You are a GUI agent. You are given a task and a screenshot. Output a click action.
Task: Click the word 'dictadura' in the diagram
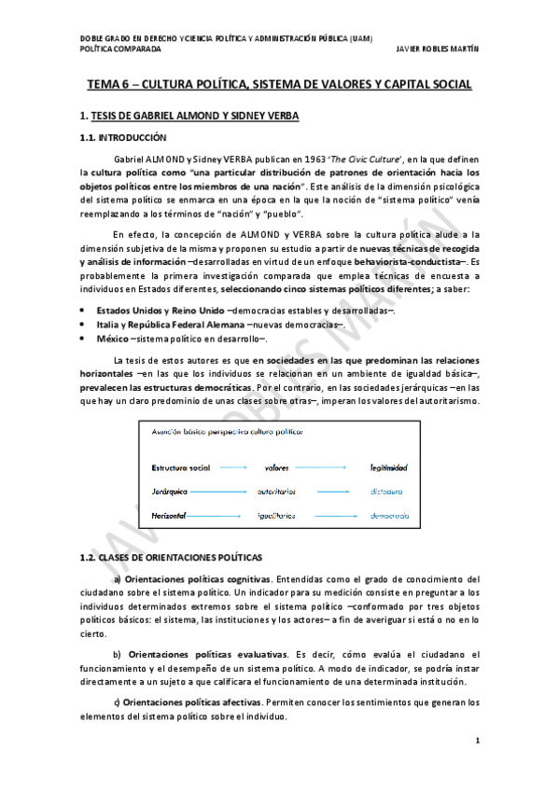click(x=385, y=490)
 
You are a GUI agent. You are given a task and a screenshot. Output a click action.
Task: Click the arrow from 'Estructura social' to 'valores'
click(x=233, y=466)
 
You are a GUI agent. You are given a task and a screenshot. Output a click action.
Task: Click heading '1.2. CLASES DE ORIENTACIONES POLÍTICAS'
click(x=170, y=557)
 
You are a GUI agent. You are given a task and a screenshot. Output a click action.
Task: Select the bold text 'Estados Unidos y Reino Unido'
click(x=161, y=309)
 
